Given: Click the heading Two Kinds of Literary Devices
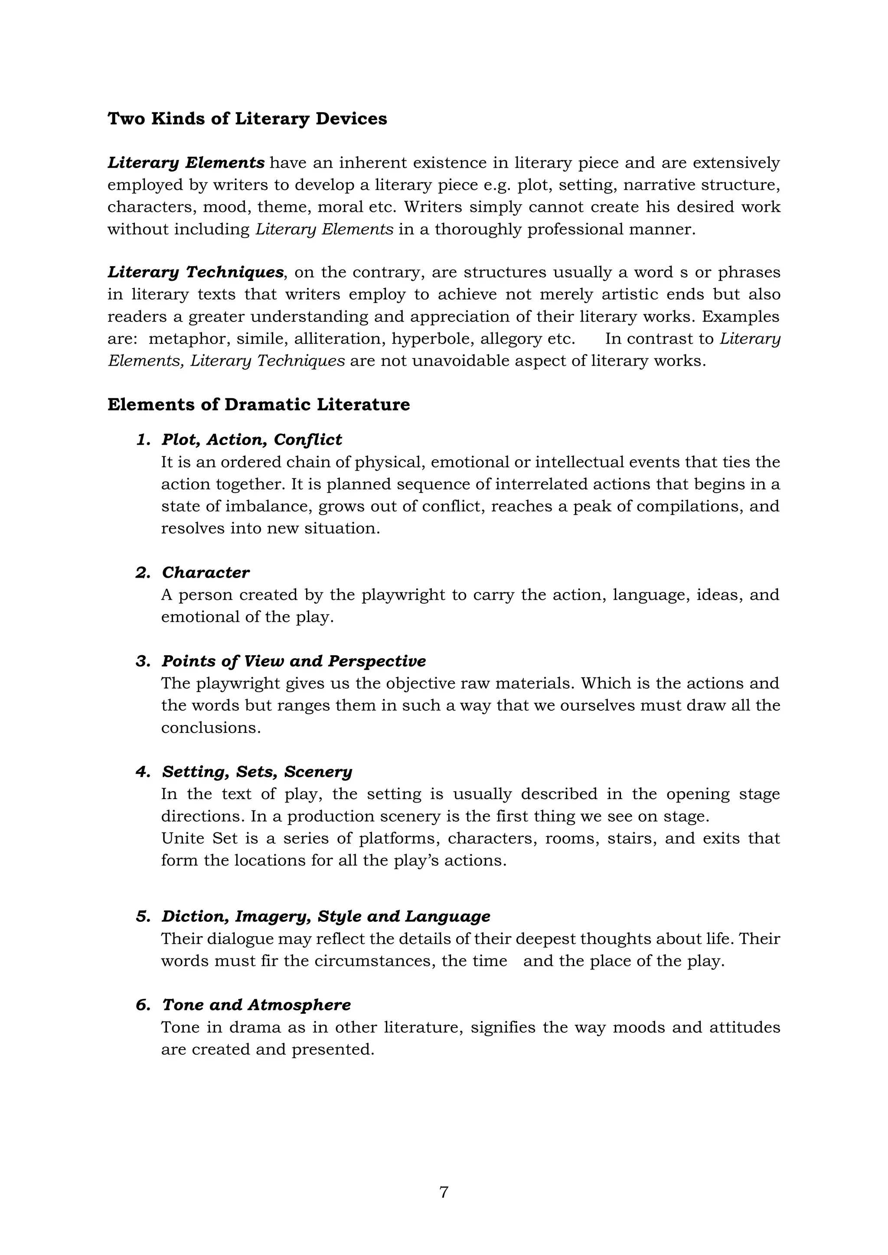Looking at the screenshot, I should coord(247,119).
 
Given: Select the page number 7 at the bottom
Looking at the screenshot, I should coord(444,1192).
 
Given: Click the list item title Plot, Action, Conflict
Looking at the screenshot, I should coord(251,440).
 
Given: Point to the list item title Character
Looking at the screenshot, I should coord(206,573).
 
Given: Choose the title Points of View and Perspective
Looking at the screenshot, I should coord(294,661).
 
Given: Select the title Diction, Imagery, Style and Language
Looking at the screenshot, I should coord(326,917).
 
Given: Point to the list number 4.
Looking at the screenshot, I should coord(143,772).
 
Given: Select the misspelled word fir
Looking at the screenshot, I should coord(270,961).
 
